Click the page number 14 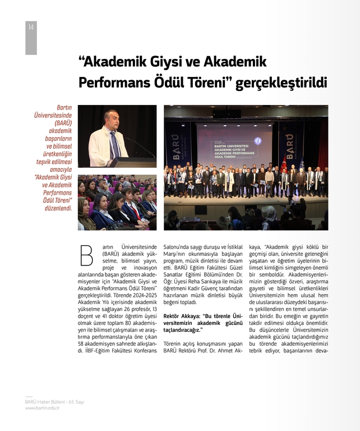(31, 27)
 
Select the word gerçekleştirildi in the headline (281, 83)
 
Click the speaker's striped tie (115, 144)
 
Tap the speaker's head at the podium (110, 118)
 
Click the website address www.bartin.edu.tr (42, 408)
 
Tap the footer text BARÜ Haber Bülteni (39, 402)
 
